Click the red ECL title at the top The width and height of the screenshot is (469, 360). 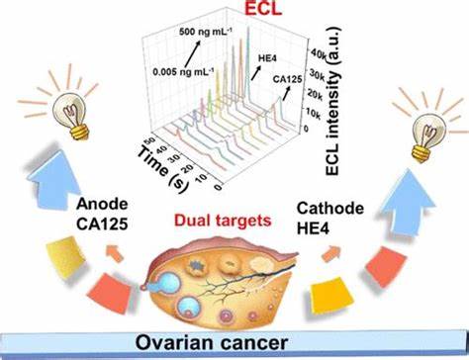point(263,9)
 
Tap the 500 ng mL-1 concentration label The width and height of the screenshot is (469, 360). point(206,32)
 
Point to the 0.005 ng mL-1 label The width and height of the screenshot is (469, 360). point(183,71)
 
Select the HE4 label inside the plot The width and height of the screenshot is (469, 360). point(267,58)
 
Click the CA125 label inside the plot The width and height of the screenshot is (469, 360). point(287,79)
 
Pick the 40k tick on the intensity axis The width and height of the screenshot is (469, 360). point(319,55)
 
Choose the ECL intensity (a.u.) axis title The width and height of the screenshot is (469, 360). point(332,101)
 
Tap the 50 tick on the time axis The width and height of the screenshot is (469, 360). point(149,141)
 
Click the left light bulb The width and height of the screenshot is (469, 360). point(72,115)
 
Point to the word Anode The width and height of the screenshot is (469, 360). point(102,204)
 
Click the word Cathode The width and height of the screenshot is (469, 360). point(330,208)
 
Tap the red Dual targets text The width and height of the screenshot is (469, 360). point(223,221)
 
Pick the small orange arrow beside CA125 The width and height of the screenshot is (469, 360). point(113,253)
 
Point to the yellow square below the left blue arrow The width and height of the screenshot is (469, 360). point(65,256)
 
